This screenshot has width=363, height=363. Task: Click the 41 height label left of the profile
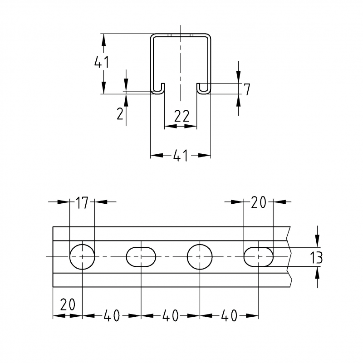point(101,62)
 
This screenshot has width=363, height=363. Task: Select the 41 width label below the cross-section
point(181,156)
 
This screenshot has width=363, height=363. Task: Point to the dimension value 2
point(120,113)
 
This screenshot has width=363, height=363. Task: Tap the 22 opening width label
point(181,117)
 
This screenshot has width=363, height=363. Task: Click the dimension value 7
point(246,90)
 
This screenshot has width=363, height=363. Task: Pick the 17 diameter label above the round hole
point(82,203)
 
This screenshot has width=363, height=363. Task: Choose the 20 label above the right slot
point(258,203)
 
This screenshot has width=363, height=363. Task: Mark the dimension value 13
point(316,258)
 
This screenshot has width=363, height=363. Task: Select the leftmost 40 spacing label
point(112,316)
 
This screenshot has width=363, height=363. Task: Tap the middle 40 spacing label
point(170,316)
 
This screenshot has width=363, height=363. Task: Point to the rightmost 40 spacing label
point(229,316)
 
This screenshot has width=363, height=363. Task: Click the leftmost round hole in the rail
point(82,256)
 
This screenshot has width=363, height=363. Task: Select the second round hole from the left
point(200,256)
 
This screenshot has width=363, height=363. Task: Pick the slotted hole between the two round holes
point(141,256)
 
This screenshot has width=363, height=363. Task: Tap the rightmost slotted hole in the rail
point(258,256)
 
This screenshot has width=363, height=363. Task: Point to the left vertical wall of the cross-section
point(152,64)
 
